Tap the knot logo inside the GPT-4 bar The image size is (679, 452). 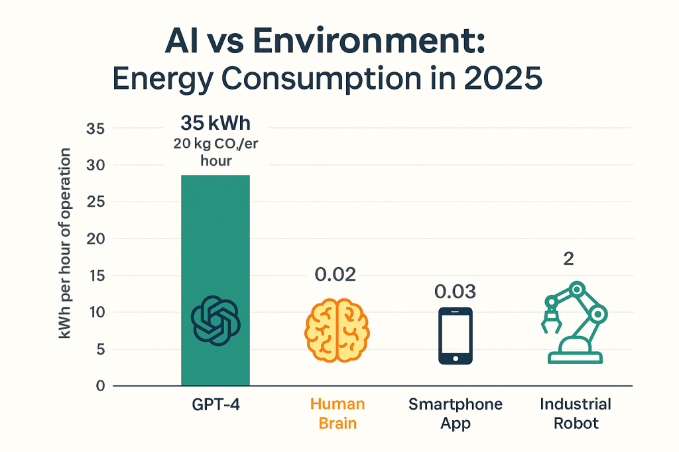click(x=216, y=321)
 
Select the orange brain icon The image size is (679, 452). click(x=337, y=329)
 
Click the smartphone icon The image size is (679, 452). click(x=456, y=335)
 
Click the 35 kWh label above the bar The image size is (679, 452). click(x=216, y=123)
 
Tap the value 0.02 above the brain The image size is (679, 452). click(x=335, y=274)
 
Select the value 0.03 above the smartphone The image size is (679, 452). click(x=455, y=292)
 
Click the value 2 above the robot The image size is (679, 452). click(x=568, y=259)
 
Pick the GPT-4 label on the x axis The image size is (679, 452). click(x=216, y=404)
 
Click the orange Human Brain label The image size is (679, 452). click(x=338, y=413)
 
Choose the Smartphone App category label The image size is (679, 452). click(x=456, y=413)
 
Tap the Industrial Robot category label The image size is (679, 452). click(x=576, y=413)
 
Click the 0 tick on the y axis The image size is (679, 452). click(x=100, y=386)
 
